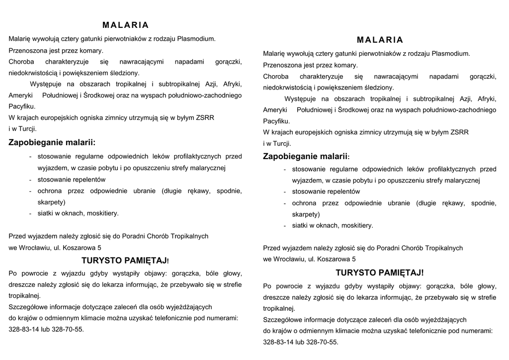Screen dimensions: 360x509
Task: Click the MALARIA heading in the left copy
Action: pos(125,25)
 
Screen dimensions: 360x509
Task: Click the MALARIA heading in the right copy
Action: pos(380,40)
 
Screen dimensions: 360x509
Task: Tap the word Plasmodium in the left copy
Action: pos(198,38)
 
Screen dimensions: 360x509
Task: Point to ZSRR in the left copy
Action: pos(205,117)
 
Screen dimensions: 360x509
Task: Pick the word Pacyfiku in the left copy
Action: pos(21,106)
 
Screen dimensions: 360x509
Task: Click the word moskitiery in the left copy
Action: pos(102,213)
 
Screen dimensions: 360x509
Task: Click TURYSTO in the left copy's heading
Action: pos(101,260)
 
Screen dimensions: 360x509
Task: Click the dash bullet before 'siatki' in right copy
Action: pos(285,226)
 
